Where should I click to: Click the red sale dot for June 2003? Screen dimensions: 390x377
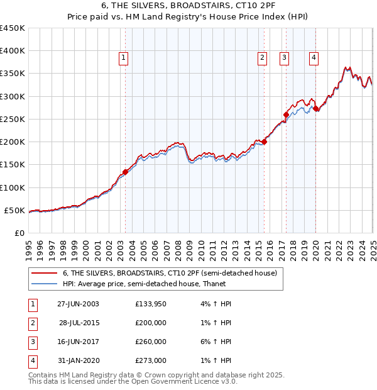pos(125,172)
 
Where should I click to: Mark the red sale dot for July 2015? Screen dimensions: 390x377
pos(264,142)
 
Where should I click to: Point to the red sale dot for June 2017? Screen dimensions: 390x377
pos(286,114)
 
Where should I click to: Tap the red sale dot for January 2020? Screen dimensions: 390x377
pos(316,109)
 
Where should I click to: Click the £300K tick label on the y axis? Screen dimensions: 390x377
pos(13,96)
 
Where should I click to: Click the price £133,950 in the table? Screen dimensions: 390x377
pos(151,304)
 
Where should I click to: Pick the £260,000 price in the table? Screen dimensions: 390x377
pos(151,342)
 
